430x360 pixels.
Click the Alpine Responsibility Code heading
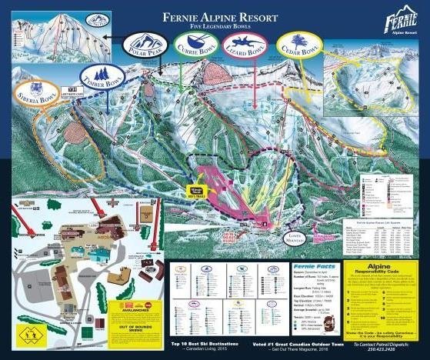pyautogui.click(x=383, y=271)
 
